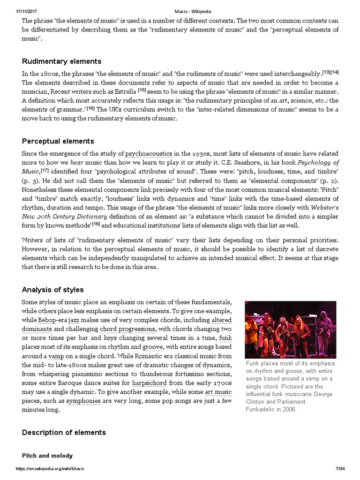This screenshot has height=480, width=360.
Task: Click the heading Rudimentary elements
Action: (x=61, y=61)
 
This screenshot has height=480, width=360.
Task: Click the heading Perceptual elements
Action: (x=58, y=141)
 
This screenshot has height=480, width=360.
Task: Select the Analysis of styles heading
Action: (x=52, y=290)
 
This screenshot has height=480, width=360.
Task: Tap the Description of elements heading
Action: (x=64, y=432)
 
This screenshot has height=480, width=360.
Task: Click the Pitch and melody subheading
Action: (x=47, y=456)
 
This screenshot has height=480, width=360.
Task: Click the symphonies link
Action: (x=83, y=401)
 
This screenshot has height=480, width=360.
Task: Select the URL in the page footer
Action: (x=50, y=469)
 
